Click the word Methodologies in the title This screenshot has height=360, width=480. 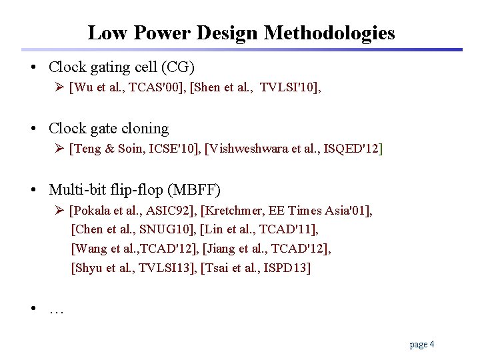pyautogui.click(x=329, y=33)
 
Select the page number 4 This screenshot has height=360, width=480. pyautogui.click(x=432, y=344)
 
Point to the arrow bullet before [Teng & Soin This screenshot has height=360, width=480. pyautogui.click(x=59, y=148)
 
